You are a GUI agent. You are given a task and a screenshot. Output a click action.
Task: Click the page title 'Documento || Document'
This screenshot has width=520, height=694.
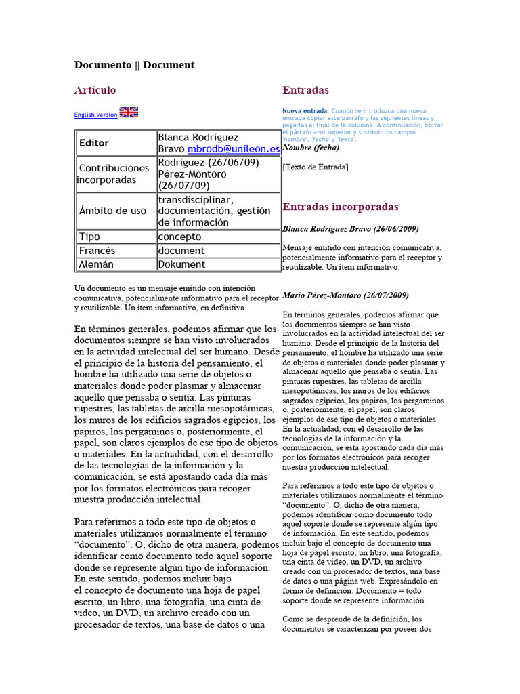click(x=134, y=65)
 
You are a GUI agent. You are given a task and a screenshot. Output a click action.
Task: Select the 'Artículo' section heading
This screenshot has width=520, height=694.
click(x=95, y=90)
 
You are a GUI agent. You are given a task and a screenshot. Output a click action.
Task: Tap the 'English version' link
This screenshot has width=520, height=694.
click(x=95, y=115)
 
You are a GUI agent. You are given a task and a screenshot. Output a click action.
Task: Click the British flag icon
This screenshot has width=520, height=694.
click(x=129, y=113)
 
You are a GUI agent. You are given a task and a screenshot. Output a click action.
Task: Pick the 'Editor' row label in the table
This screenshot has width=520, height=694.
click(x=94, y=143)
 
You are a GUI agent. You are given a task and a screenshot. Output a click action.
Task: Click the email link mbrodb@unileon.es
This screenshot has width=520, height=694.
click(x=234, y=149)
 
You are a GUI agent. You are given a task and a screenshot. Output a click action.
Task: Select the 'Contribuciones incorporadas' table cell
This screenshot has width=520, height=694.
click(x=113, y=173)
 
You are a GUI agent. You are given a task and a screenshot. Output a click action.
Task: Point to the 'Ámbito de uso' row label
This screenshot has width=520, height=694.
click(x=112, y=211)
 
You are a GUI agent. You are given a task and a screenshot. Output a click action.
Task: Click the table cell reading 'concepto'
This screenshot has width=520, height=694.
click(x=179, y=237)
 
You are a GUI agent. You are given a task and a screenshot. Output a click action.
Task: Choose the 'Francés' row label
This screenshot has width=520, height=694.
click(x=97, y=251)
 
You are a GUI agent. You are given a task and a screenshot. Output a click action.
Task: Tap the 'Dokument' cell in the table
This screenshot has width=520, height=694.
click(x=181, y=264)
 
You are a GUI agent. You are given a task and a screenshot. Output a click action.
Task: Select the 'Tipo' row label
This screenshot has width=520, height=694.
click(x=89, y=237)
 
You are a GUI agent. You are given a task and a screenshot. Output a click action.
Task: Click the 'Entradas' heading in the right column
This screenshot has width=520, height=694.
click(x=305, y=90)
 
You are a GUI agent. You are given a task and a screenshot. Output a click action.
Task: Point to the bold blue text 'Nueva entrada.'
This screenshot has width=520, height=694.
click(x=305, y=110)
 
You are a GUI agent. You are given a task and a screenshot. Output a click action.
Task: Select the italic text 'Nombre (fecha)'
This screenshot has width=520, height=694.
click(x=311, y=147)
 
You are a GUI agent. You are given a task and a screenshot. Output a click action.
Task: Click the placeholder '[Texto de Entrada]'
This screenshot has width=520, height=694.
click(x=316, y=167)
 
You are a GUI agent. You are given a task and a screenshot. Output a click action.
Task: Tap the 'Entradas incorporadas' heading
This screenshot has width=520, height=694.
click(x=341, y=207)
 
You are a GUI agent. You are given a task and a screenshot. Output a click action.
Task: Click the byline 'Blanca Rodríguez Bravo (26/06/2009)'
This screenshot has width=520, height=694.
click(x=351, y=229)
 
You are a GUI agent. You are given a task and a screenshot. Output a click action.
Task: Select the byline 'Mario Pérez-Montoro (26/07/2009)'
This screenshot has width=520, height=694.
click(x=345, y=295)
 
